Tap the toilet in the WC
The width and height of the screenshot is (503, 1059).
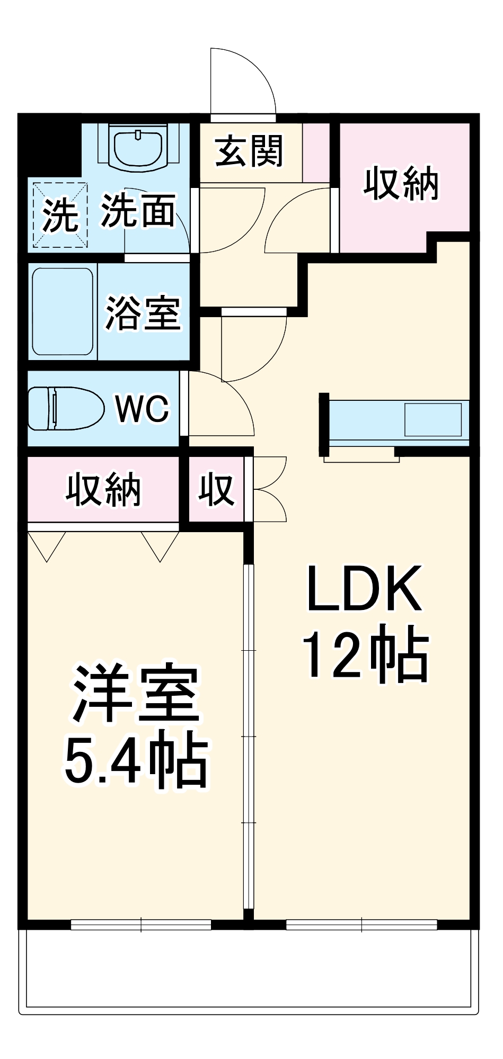click(65, 408)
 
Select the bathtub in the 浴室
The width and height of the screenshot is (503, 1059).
click(63, 312)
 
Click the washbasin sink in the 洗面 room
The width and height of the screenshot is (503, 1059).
click(138, 147)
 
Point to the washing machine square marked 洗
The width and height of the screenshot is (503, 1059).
click(60, 214)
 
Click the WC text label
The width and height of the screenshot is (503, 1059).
click(142, 409)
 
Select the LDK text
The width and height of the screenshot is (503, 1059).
click(365, 588)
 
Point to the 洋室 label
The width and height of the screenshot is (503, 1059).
click(136, 693)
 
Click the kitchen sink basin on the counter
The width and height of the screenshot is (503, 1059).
click(433, 420)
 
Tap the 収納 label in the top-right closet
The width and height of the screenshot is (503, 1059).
click(401, 184)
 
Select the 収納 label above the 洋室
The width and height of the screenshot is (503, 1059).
click(103, 490)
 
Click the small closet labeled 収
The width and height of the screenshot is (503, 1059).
click(216, 490)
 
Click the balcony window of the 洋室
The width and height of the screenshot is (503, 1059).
click(141, 925)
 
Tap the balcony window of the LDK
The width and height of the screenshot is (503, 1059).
click(361, 925)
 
